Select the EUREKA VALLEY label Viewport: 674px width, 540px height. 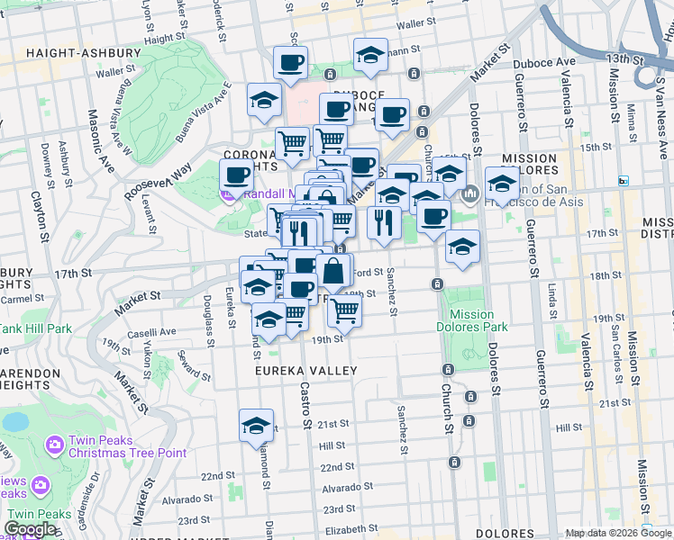point(305,371)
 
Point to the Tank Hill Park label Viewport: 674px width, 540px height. point(36,328)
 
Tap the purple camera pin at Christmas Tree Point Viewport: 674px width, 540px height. point(56,444)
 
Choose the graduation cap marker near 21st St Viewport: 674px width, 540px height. point(256,424)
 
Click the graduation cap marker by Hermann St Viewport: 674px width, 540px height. point(370,54)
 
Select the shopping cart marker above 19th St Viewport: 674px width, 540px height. point(344,310)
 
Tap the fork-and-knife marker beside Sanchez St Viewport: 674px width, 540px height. point(384,221)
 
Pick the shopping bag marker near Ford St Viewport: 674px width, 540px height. point(332,269)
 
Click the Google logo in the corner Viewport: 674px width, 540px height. point(29,530)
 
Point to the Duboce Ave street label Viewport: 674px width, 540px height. point(544,62)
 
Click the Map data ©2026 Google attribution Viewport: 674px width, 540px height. point(618,533)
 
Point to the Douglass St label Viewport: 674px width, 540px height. point(209,319)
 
